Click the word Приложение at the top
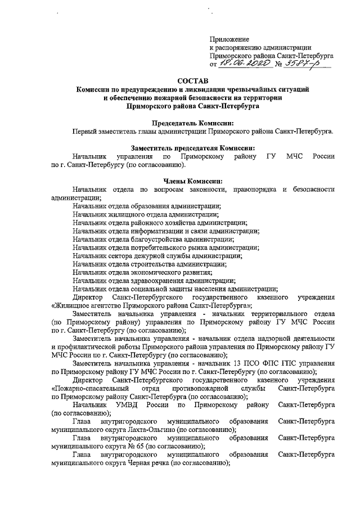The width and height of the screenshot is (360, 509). pyautogui.click(x=229, y=39)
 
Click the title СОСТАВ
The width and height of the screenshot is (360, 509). pyautogui.click(x=192, y=81)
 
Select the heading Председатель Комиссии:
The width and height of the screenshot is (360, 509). pyautogui.click(x=192, y=123)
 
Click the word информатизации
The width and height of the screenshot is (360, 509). pyautogui.click(x=151, y=231)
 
